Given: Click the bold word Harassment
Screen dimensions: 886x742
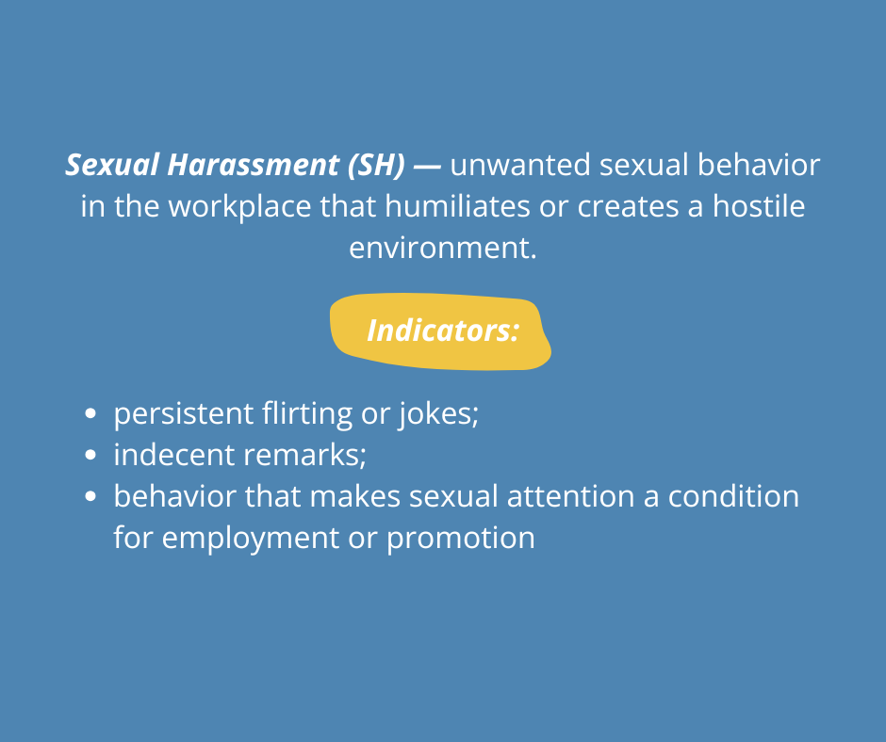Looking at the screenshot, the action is pyautogui.click(x=254, y=165).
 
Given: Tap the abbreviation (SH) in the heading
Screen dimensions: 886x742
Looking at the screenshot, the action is pyautogui.click(x=377, y=166).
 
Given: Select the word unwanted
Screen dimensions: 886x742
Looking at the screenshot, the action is pyautogui.click(x=520, y=165).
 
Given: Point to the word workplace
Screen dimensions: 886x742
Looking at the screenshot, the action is pyautogui.click(x=240, y=207).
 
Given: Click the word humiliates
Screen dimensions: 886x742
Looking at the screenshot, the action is pyautogui.click(x=457, y=205).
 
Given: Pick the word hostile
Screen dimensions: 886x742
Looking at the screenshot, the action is pyautogui.click(x=759, y=205).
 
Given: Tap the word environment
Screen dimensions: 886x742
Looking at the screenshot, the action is pyautogui.click(x=443, y=248).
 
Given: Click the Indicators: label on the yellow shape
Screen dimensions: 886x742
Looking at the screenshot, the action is pyautogui.click(x=443, y=331).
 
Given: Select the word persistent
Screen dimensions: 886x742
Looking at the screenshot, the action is pyautogui.click(x=183, y=414).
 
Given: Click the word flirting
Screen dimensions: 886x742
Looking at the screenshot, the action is pyautogui.click(x=307, y=414).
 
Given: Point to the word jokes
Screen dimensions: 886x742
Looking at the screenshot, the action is pyautogui.click(x=438, y=414).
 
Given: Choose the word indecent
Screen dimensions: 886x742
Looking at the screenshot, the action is pyautogui.click(x=174, y=455).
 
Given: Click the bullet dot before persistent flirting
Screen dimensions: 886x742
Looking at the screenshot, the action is pyautogui.click(x=90, y=413).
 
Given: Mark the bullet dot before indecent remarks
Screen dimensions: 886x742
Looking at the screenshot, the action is pyautogui.click(x=90, y=455).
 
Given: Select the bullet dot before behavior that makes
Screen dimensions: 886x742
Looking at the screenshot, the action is pyautogui.click(x=90, y=496).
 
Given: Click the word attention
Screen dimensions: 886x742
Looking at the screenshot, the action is pyautogui.click(x=570, y=497).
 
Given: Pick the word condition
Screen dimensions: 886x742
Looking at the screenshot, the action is pyautogui.click(x=733, y=496).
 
